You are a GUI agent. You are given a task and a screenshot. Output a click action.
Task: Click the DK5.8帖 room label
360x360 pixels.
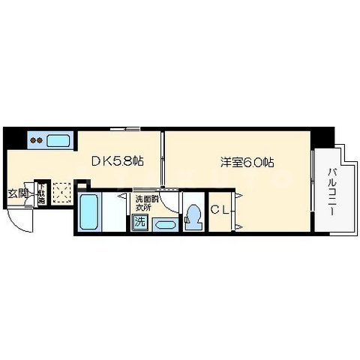(x=118, y=160)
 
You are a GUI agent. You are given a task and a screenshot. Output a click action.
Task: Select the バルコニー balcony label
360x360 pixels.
(x=331, y=192)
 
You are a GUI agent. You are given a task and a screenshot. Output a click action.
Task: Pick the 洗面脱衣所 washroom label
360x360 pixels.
(x=146, y=202)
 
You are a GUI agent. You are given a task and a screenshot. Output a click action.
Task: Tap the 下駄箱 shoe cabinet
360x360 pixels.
(x=41, y=194)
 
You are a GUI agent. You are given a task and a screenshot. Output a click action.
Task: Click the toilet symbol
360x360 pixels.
(x=194, y=215)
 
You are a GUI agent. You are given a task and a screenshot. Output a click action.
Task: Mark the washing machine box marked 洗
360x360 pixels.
(x=139, y=222)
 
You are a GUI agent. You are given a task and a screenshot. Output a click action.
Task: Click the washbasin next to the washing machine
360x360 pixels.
(x=164, y=223)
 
